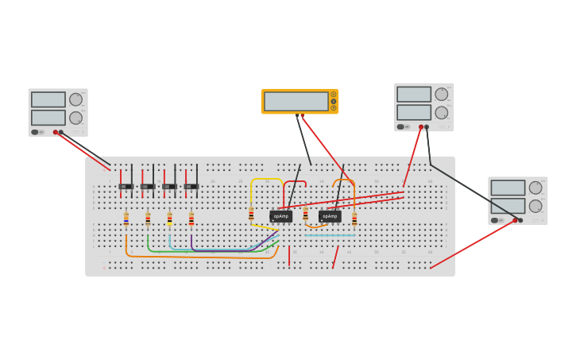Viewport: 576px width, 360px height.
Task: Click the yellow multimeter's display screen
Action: pyautogui.click(x=296, y=101)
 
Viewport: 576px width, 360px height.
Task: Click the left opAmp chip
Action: pyautogui.click(x=280, y=216)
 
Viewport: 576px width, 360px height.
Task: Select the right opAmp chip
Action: pyautogui.click(x=330, y=216)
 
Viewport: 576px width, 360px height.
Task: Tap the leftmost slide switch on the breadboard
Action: pyautogui.click(x=126, y=187)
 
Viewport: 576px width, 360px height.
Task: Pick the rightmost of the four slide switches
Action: pyautogui.click(x=191, y=187)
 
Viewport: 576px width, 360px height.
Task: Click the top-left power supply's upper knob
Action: pyautogui.click(x=75, y=99)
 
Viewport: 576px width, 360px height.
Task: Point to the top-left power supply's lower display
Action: pyautogui.click(x=48, y=118)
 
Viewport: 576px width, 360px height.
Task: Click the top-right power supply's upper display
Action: pyautogui.click(x=414, y=95)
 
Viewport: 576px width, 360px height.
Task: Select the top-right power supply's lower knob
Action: pyautogui.click(x=441, y=113)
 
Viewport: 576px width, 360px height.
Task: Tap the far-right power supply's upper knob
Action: pyautogui.click(x=535, y=188)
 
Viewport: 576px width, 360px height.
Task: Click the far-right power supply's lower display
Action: pyautogui.click(x=508, y=206)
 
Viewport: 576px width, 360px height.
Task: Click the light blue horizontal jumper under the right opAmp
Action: pyautogui.click(x=330, y=235)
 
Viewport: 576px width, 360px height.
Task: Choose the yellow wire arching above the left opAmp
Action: pyautogui.click(x=266, y=180)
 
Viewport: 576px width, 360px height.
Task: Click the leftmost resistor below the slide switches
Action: pyautogui.click(x=126, y=219)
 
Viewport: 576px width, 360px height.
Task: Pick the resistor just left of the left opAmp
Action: pyautogui.click(x=251, y=214)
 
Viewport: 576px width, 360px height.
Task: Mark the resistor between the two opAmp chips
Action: pyautogui.click(x=305, y=214)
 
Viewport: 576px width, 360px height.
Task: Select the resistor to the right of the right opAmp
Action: pyautogui.click(x=354, y=219)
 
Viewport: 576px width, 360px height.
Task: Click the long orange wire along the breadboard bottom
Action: pyautogui.click(x=199, y=257)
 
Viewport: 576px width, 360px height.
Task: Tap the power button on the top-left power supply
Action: pyautogui.click(x=35, y=132)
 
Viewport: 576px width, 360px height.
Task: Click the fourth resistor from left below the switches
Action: pyautogui.click(x=191, y=219)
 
